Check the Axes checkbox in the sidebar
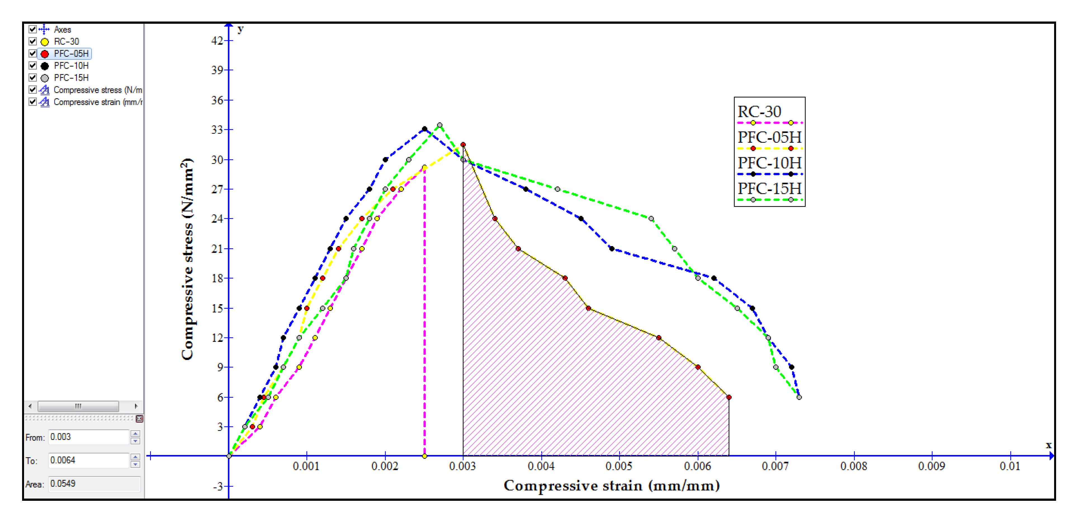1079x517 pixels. click(x=32, y=29)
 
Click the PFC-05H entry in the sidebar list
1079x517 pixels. click(x=71, y=54)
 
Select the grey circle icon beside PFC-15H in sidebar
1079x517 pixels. click(x=45, y=78)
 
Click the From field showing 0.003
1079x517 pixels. click(x=88, y=437)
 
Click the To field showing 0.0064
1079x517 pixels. click(x=88, y=461)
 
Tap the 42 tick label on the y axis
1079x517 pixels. click(x=217, y=40)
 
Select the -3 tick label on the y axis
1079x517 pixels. click(x=218, y=487)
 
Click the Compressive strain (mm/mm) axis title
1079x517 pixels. click(x=612, y=486)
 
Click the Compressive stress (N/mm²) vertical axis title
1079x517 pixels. click(x=187, y=259)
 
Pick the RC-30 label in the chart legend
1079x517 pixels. click(x=759, y=112)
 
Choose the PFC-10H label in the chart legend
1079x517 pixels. click(x=769, y=163)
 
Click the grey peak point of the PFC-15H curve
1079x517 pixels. click(x=439, y=125)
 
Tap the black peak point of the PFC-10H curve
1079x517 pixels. click(x=424, y=129)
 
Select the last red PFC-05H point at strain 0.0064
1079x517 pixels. click(x=729, y=397)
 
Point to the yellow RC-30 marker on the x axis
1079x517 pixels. click(x=424, y=456)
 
